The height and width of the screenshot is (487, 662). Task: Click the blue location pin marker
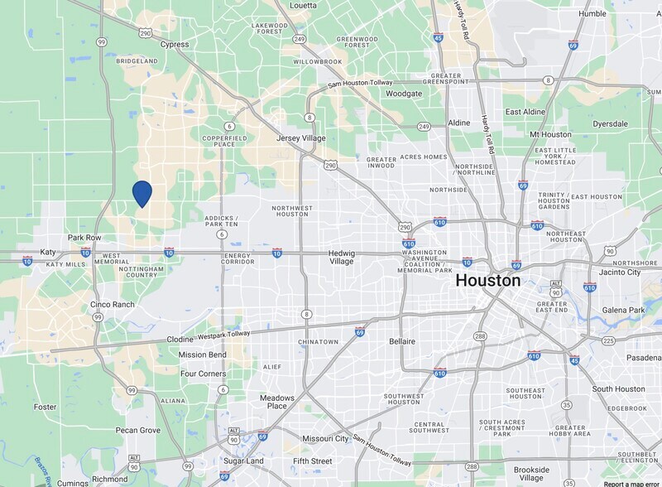point(142,194)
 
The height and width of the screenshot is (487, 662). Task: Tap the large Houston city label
point(487,281)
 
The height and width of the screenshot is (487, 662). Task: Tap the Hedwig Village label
point(341,257)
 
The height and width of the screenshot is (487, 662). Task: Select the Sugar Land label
point(243,460)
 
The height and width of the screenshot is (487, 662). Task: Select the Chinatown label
point(319,341)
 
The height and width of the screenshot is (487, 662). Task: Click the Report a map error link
point(631,483)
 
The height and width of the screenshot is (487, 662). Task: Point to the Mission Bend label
point(202,354)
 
